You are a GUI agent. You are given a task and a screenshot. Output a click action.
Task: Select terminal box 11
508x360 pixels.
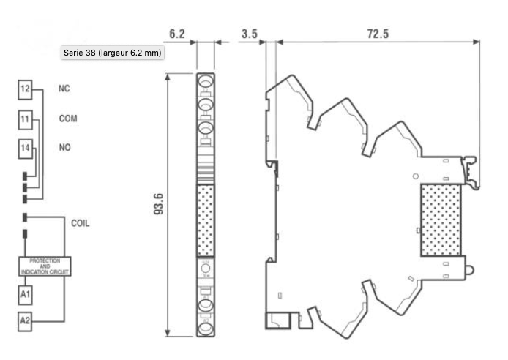pos(26,119)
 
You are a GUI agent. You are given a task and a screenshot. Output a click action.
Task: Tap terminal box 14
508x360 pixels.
pos(26,149)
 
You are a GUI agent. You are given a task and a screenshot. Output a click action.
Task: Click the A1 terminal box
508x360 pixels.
pos(26,294)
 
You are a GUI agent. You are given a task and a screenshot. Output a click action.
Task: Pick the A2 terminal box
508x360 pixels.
pos(26,320)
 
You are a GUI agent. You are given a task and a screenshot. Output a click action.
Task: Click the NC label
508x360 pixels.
pos(64,89)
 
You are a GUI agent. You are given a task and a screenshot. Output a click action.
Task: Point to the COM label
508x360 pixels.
pos(68,118)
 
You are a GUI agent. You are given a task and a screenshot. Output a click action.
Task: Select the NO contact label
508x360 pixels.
pos(64,148)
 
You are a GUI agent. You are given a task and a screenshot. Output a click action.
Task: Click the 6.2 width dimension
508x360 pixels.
pos(177,35)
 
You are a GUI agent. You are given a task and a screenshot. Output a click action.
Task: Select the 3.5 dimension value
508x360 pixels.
pos(248,35)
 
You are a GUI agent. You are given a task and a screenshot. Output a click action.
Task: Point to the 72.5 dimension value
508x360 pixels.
pos(378,35)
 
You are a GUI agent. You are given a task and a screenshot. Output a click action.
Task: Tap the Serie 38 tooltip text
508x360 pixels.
pos(113,53)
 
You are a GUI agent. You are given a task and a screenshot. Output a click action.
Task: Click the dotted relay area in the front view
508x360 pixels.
pos(206,220)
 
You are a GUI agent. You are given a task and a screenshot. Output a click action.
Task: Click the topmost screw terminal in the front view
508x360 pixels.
pos(206,81)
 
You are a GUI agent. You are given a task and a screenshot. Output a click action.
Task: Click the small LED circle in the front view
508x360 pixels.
pos(206,269)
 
